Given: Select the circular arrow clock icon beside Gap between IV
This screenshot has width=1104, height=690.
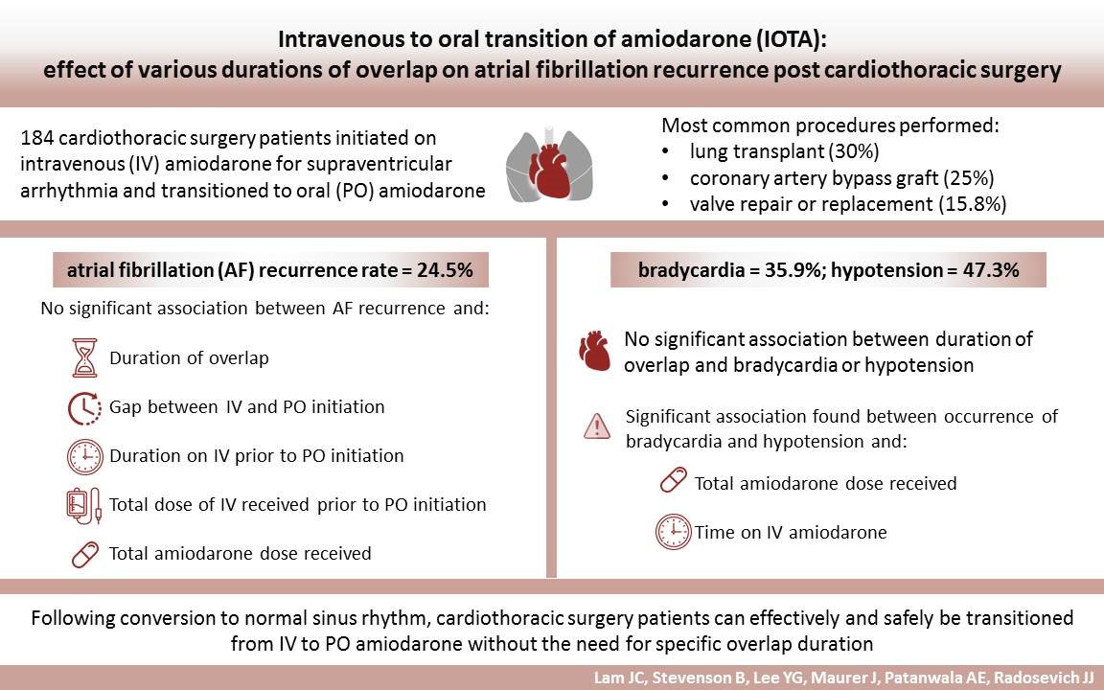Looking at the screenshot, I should (x=85, y=407).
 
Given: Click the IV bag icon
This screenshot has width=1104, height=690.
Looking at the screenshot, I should (x=83, y=505).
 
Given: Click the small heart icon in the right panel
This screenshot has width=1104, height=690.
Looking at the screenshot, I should (x=595, y=352).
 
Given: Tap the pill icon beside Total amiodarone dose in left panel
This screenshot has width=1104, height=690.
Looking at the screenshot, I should (x=85, y=554).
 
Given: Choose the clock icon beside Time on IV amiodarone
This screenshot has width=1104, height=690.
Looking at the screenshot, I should (x=673, y=532).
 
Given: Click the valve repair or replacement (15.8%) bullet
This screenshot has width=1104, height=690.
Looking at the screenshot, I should (x=847, y=204).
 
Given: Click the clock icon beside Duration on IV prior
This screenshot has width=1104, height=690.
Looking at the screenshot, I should (x=85, y=456).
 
